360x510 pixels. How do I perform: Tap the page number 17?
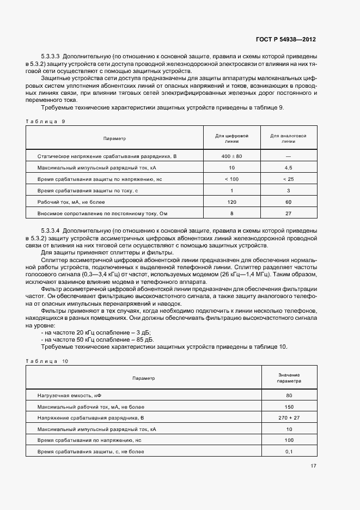313,465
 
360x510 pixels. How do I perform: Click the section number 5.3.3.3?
53,56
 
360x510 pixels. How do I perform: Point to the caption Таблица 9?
45,121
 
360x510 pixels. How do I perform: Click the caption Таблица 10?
47,361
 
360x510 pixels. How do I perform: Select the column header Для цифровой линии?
231,138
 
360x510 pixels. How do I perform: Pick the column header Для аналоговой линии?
288,138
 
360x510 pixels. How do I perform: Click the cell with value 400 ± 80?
231,156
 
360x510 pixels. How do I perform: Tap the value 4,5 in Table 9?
288,168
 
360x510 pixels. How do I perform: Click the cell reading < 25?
288,179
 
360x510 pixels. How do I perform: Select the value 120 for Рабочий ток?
231,202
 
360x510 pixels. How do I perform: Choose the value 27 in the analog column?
288,214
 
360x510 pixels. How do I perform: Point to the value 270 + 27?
289,418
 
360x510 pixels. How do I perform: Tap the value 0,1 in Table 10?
289,452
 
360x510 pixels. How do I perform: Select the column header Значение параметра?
289,378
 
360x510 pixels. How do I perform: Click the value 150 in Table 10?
289,406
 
